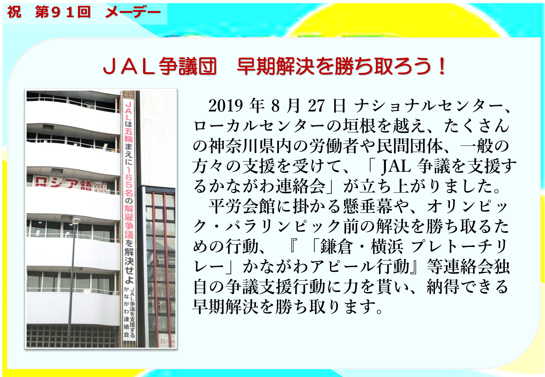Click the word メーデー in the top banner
[133, 12]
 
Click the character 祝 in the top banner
[14, 12]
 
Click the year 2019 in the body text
[226, 106]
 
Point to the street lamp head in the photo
[76, 221]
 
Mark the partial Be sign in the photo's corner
[167, 341]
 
